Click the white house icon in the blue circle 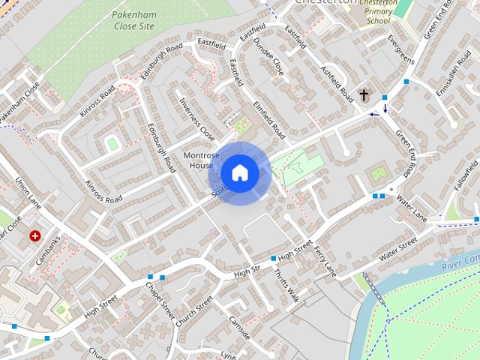[x=239, y=173]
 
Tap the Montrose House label [x=202, y=160]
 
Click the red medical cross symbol [x=34, y=235]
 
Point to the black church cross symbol [x=364, y=95]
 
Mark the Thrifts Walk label [x=286, y=286]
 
